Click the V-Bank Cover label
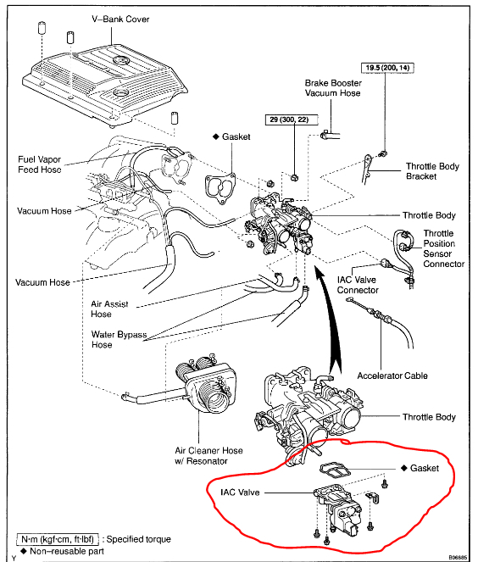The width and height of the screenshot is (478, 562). [120, 19]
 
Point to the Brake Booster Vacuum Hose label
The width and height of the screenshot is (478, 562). [333, 88]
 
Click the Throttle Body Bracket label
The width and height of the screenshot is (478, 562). [432, 171]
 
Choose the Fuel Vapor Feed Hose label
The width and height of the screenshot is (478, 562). [40, 164]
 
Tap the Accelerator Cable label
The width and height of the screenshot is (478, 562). [392, 376]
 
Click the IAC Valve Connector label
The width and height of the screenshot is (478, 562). [358, 285]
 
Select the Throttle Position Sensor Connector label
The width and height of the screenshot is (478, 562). [443, 248]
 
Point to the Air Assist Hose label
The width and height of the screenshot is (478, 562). [109, 309]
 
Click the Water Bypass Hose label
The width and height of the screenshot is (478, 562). [119, 339]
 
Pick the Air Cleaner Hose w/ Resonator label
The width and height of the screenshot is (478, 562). [208, 455]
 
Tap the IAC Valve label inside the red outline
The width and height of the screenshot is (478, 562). [240, 492]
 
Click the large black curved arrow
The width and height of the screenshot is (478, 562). [331, 323]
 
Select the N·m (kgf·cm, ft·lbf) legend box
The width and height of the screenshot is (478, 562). [58, 539]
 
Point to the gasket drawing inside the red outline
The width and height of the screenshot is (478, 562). [335, 470]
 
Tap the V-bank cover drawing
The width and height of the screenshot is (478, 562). [104, 86]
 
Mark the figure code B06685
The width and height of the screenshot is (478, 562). [458, 558]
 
